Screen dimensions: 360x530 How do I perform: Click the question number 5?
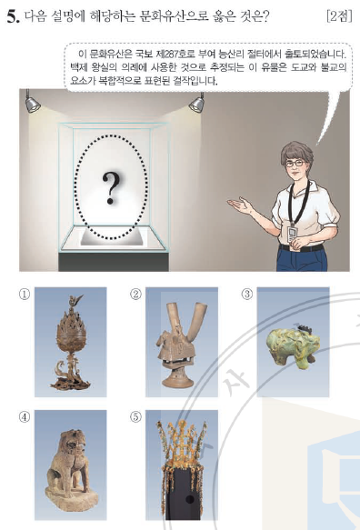[x=13, y=16]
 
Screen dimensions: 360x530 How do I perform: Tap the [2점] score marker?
[x=339, y=15]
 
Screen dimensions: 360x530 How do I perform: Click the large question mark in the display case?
[x=111, y=188]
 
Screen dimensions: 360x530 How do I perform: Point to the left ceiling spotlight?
[x=32, y=103]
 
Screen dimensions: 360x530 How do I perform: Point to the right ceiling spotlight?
[x=197, y=103]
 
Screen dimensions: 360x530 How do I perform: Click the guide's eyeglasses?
[x=295, y=164]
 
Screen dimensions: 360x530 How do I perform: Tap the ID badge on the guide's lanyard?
[x=292, y=234]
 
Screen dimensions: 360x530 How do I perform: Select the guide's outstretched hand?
[x=239, y=204]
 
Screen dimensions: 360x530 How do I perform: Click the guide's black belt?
[x=302, y=248]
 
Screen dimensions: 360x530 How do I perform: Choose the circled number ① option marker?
[x=24, y=294]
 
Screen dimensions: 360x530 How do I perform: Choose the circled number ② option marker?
[x=135, y=294]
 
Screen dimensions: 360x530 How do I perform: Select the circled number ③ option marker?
[x=246, y=294]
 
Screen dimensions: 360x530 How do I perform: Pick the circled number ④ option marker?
[x=24, y=417]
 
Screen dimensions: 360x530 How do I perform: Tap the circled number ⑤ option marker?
[x=135, y=417]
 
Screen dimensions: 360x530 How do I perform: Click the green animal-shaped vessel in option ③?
[x=293, y=345]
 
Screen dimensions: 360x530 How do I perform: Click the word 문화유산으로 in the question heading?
[x=174, y=16]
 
